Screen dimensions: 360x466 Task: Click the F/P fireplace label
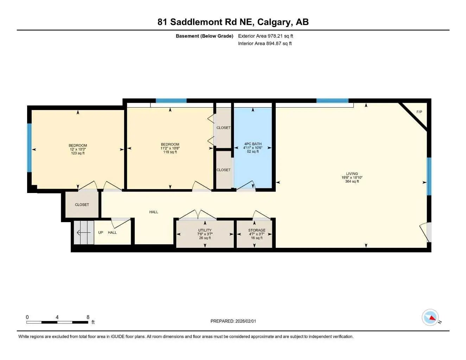coord(419,112)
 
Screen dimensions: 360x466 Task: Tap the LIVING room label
coord(352,174)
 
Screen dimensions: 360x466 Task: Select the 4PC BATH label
coord(253,144)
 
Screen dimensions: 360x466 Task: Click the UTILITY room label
coord(205,230)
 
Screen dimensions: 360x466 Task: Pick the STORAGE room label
coord(256,230)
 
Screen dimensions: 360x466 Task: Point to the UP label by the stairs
coord(101,232)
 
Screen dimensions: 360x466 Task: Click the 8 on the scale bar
coord(88,317)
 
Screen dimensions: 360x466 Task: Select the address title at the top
coord(233,22)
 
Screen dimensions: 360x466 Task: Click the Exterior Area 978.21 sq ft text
coord(266,36)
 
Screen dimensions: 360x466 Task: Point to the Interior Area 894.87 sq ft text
coord(265,44)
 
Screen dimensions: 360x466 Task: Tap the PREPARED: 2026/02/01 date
coord(233,321)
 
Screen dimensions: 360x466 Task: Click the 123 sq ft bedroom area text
coord(78,153)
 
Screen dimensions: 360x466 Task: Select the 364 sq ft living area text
coord(352,181)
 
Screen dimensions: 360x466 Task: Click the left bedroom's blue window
coord(30,148)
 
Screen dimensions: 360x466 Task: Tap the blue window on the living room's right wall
coord(429,176)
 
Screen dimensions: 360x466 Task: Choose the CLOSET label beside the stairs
coord(82,205)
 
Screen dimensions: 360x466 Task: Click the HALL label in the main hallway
coord(154,212)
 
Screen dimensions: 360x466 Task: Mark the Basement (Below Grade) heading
coord(204,36)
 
